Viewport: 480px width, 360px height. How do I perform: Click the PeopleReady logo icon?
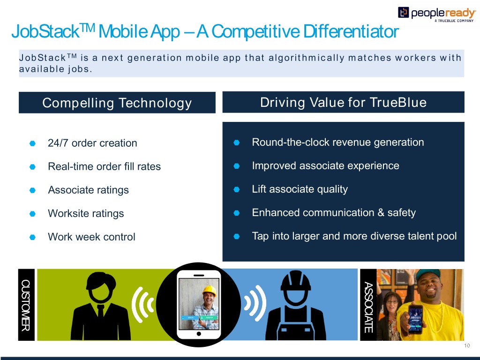pos(403,13)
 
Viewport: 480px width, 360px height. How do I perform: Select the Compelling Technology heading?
pos(117,103)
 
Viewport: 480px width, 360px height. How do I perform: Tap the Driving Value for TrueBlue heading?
pos(343,102)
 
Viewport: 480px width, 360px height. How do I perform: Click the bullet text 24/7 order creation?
pos(92,143)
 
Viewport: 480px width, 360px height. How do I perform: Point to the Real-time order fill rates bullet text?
pos(105,166)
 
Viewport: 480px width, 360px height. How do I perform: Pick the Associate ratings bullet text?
pos(89,190)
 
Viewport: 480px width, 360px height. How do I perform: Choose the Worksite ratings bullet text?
pos(86,213)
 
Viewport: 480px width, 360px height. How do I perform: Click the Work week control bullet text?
pos(91,237)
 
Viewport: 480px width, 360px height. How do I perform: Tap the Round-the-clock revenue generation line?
pos(338,142)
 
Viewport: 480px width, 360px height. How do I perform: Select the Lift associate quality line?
pos(300,189)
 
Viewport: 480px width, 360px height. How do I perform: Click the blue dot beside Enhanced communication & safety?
pos(236,213)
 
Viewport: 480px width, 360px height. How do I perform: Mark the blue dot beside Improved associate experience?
pos(236,166)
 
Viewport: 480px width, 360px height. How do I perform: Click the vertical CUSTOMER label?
pos(26,305)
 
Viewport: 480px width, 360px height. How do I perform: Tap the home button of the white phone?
pos(199,334)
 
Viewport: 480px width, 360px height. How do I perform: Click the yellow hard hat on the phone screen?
pos(210,291)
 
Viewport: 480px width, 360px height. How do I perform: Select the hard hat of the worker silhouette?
pos(296,280)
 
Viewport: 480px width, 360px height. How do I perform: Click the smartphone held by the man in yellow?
pos(416,319)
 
